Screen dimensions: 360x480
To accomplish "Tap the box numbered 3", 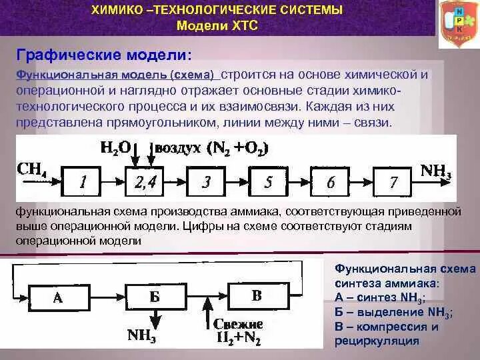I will [206, 182].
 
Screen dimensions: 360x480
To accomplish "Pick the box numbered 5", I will [269, 182].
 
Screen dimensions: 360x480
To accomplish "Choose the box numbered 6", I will [331, 182].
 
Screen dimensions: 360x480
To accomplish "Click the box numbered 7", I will [393, 182].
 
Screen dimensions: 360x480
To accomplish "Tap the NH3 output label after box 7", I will [436, 171].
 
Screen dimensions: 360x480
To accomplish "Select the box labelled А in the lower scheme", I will [57, 297].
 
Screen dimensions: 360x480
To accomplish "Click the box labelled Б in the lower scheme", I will [154, 297].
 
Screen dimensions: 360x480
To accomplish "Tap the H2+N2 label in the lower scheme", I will [239, 337].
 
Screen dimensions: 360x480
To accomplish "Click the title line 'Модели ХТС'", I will [217, 25].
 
